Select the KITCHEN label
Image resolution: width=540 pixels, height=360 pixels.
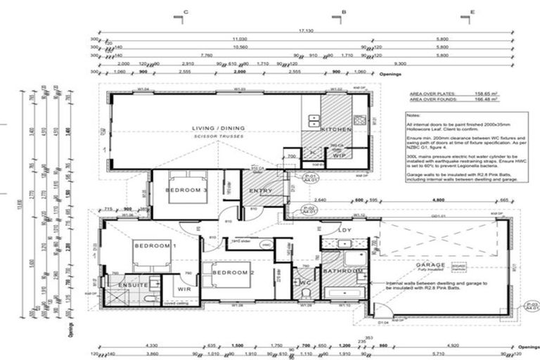click(x=331, y=130)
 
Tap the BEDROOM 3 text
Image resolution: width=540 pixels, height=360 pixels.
click(x=186, y=191)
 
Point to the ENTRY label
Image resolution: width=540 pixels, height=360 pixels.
click(x=261, y=191)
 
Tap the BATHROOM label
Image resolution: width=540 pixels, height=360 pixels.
click(x=344, y=271)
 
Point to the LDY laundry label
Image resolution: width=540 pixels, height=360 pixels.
click(x=345, y=229)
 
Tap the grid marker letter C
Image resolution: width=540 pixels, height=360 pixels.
click(x=186, y=12)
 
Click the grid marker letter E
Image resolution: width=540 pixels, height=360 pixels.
click(x=472, y=12)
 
